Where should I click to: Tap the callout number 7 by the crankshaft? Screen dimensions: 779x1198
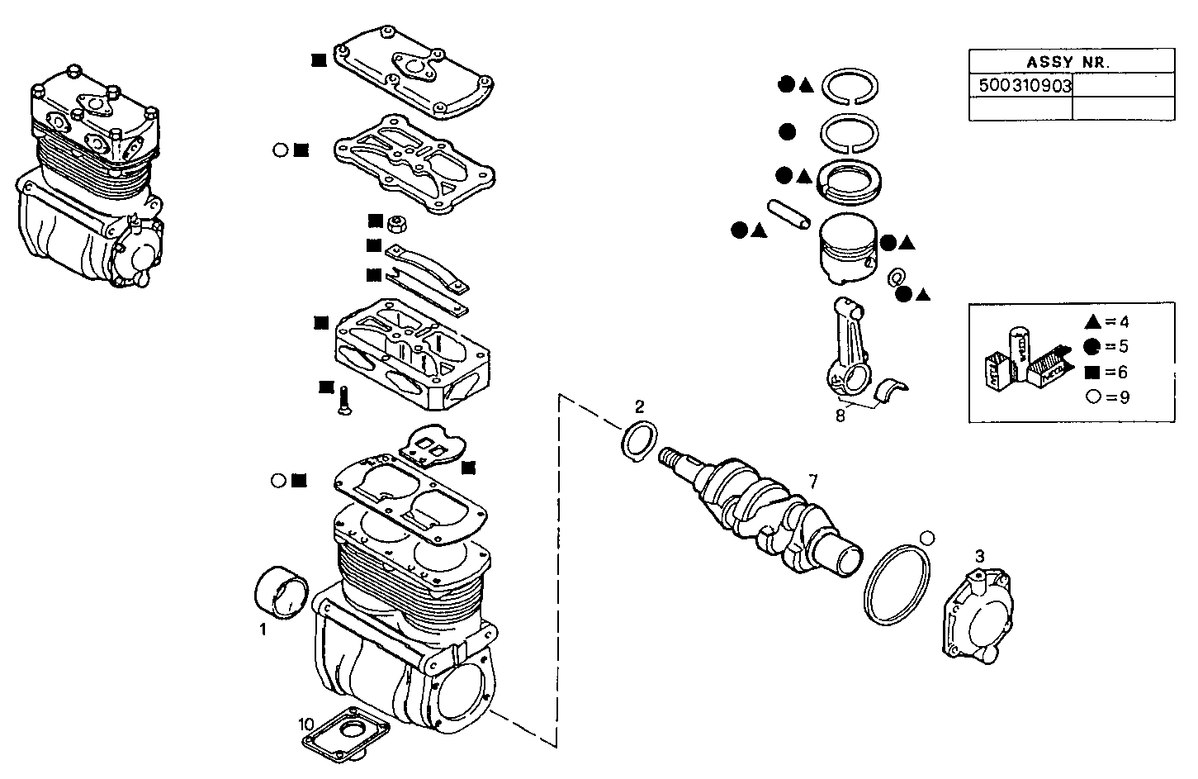coord(812,482)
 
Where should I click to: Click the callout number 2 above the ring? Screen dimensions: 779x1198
coord(639,406)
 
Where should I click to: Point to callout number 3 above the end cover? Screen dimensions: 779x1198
coord(979,556)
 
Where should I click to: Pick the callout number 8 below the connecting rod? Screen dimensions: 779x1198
coord(840,416)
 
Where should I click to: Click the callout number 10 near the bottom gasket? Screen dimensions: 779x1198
coord(306,724)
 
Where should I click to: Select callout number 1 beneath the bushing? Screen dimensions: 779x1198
coord(263,630)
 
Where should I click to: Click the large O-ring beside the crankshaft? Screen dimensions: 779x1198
coord(897,585)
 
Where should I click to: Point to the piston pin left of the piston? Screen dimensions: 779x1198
coord(788,216)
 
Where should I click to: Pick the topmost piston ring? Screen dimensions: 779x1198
coord(853,86)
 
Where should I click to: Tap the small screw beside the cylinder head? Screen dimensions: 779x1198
coord(344,401)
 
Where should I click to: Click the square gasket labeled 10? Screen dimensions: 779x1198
coord(347,733)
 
